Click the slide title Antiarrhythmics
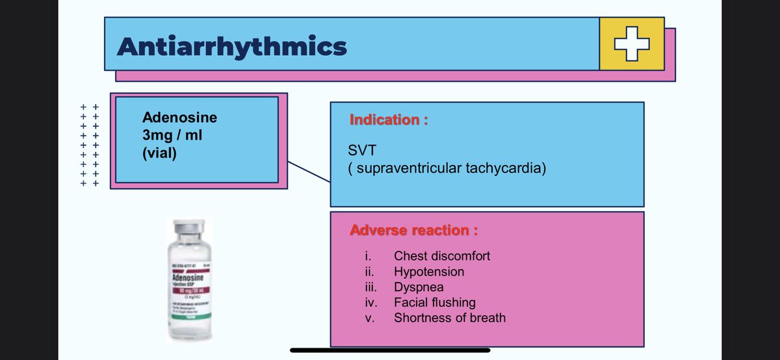[x=231, y=46]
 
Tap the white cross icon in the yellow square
[x=631, y=44]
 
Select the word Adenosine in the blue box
[x=179, y=118]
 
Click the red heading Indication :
[x=388, y=120]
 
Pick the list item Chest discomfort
[x=442, y=255]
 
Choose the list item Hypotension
[x=429, y=271]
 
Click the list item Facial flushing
[x=434, y=302]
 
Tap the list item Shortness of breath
[x=449, y=318]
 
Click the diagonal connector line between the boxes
[x=309, y=172]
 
